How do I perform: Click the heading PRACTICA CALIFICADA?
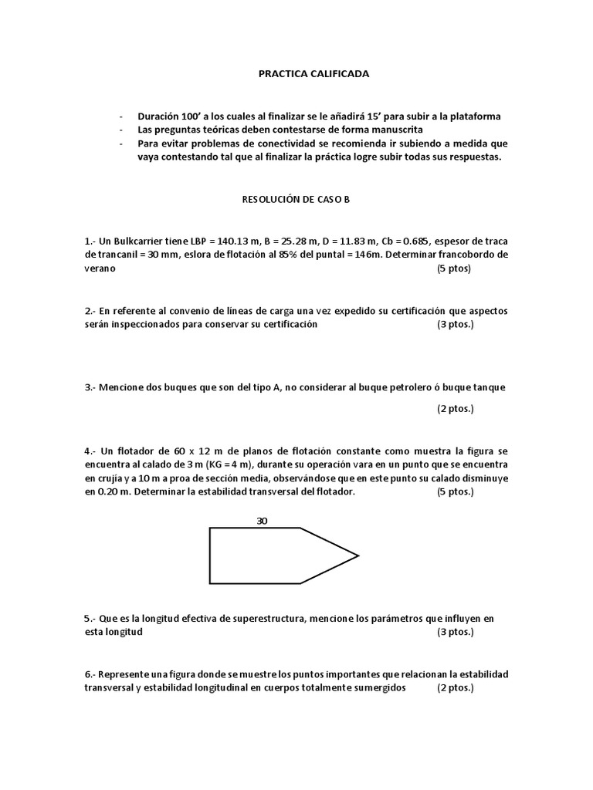pos(313,74)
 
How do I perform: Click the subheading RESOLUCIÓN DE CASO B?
pos(296,198)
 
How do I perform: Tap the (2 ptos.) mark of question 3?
pos(455,408)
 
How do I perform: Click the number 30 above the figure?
pos(262,521)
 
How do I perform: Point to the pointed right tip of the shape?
pos(358,555)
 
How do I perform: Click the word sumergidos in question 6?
pos(378,687)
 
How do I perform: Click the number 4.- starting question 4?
pos(90,450)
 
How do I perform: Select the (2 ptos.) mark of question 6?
pos(455,687)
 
